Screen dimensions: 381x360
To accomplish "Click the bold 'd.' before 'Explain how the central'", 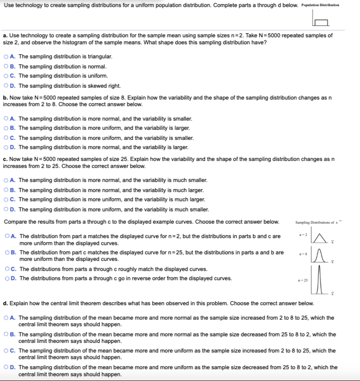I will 5,303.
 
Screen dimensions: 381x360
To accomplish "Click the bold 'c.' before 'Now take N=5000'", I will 5,159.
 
